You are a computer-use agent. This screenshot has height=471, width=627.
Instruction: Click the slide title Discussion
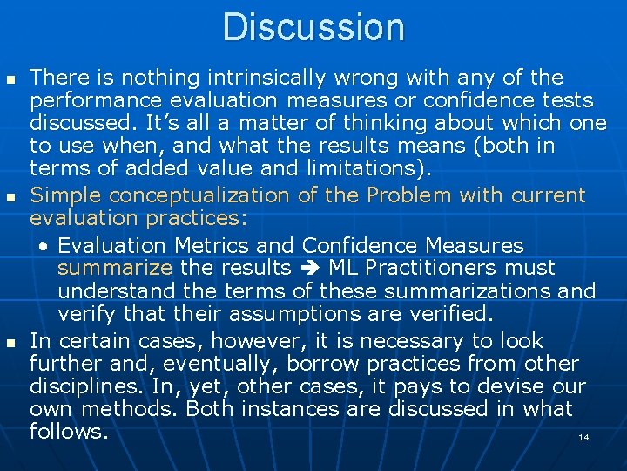click(313, 27)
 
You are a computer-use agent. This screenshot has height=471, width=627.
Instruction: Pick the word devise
click(508, 386)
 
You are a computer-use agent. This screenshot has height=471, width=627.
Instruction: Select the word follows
click(69, 431)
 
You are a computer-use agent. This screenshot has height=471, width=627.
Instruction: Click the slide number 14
click(583, 437)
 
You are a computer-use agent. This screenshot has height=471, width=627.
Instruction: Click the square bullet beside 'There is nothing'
click(10, 79)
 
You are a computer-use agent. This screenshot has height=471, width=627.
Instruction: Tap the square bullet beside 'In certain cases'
click(10, 343)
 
